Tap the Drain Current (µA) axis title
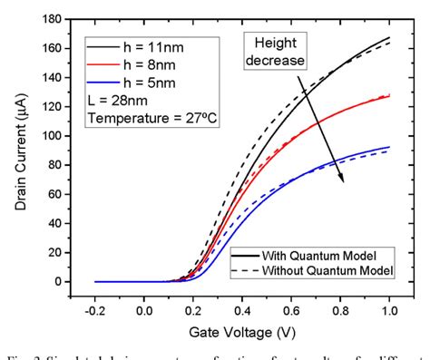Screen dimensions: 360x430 tap(21, 151)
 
